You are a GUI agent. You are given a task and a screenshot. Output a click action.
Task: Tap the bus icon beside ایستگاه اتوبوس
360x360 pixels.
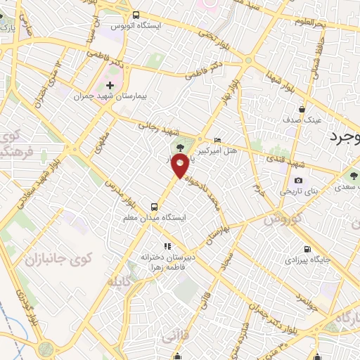(136, 15)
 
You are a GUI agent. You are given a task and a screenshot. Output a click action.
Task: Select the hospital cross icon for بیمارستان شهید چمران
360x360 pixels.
(110, 85)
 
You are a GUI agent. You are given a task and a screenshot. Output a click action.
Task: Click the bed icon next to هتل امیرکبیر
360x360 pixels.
(217, 140)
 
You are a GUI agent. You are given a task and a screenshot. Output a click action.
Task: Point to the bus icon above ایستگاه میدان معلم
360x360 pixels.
(154, 207)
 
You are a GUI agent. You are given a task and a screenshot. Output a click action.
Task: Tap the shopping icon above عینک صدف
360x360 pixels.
(302, 109)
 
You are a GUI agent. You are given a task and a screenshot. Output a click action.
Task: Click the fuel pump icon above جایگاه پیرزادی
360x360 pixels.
(307, 249)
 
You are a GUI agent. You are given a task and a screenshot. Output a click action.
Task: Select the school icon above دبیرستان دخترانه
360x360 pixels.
(167, 247)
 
